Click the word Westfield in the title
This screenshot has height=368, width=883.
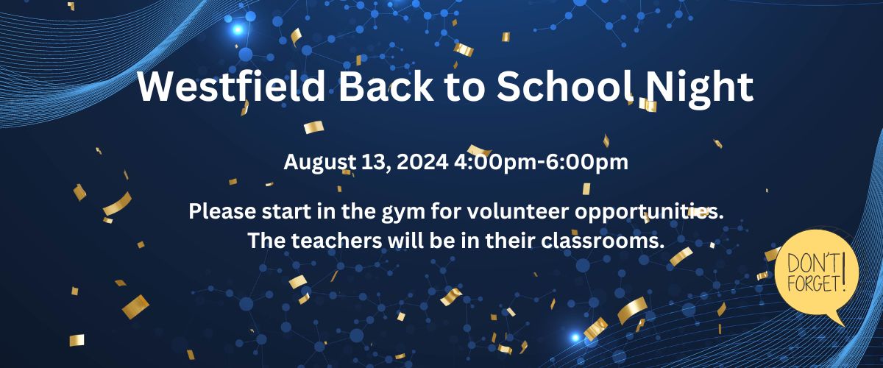pos(231,86)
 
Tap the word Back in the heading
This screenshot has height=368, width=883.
pos(386,86)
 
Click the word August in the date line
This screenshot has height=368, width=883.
pos(319,163)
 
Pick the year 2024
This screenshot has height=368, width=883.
pos(422,162)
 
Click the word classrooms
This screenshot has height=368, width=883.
pos(603,241)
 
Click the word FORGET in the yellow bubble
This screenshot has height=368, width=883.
pos(813,284)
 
